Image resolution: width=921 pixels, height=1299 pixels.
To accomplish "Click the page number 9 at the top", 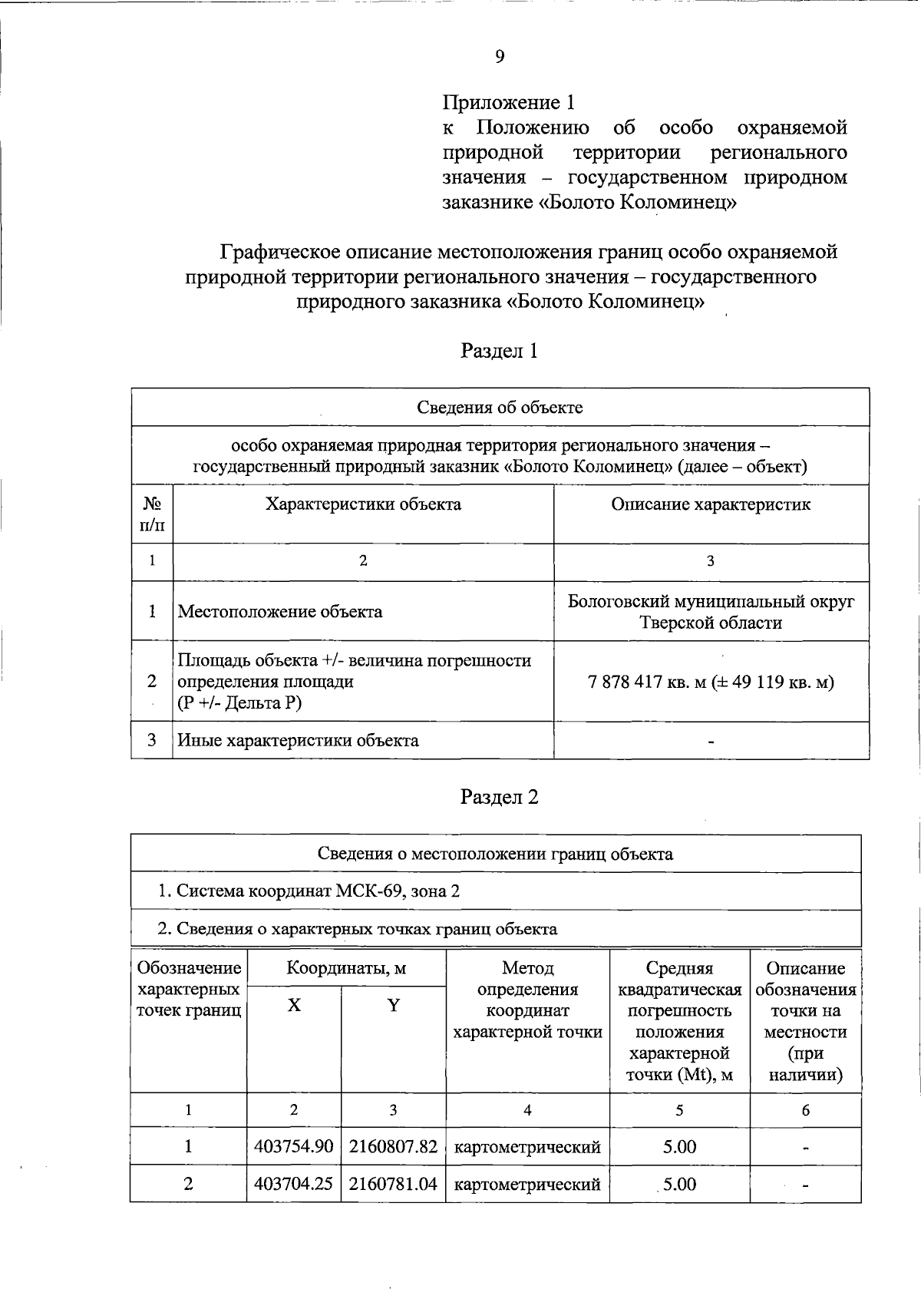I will (x=500, y=56).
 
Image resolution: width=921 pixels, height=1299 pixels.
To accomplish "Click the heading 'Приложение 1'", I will (x=508, y=102).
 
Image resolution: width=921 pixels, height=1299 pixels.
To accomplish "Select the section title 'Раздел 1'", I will (x=499, y=351).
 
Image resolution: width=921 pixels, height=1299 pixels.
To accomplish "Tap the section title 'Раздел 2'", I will (x=499, y=797).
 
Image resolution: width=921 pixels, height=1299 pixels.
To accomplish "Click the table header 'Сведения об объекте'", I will (x=500, y=407).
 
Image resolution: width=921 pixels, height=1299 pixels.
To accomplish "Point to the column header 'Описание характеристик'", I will (x=710, y=504).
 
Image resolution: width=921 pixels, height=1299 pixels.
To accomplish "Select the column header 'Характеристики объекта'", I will (x=363, y=504).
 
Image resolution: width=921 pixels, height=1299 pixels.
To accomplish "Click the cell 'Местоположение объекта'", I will (x=280, y=612).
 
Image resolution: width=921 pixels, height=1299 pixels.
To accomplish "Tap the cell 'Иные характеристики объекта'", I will (x=299, y=741).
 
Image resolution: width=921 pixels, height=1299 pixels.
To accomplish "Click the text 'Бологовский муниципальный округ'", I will (x=711, y=601).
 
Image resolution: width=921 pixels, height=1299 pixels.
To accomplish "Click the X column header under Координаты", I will (x=294, y=1006).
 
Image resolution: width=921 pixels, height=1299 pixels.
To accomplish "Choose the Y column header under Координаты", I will (x=393, y=1006).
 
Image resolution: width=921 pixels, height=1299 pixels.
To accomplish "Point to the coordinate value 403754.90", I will (x=294, y=1147).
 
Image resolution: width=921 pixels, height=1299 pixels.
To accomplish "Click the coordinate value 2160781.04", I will (x=393, y=1185).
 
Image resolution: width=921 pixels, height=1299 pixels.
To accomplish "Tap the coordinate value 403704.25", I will (x=294, y=1185).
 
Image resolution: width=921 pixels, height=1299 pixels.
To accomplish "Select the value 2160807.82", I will (x=393, y=1147).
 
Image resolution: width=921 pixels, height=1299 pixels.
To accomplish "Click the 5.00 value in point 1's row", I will (x=679, y=1147).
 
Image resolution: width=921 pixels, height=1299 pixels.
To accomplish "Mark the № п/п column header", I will (x=152, y=514).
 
